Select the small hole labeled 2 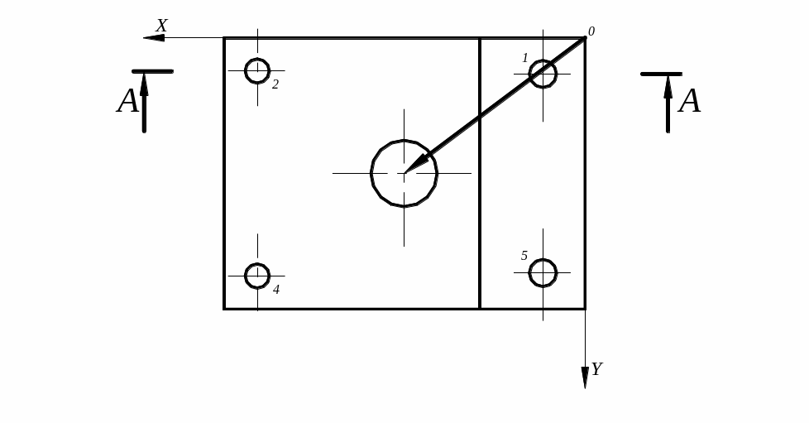(x=257, y=60)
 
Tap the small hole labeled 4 (x=257, y=264)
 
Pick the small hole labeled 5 (x=543, y=261)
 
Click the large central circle (x=404, y=141)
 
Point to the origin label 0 (x=591, y=31)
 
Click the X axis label (x=161, y=26)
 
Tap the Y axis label (x=597, y=368)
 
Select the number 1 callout (x=525, y=58)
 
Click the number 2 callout (x=275, y=84)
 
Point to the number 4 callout (x=276, y=290)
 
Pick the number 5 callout (x=524, y=256)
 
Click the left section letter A (x=128, y=101)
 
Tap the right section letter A (x=690, y=101)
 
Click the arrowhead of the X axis (x=154, y=38)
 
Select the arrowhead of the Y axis (x=585, y=377)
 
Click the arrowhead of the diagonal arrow (x=416, y=164)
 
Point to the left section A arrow (x=144, y=103)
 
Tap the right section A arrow (x=668, y=103)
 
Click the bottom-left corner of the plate (x=224, y=309)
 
